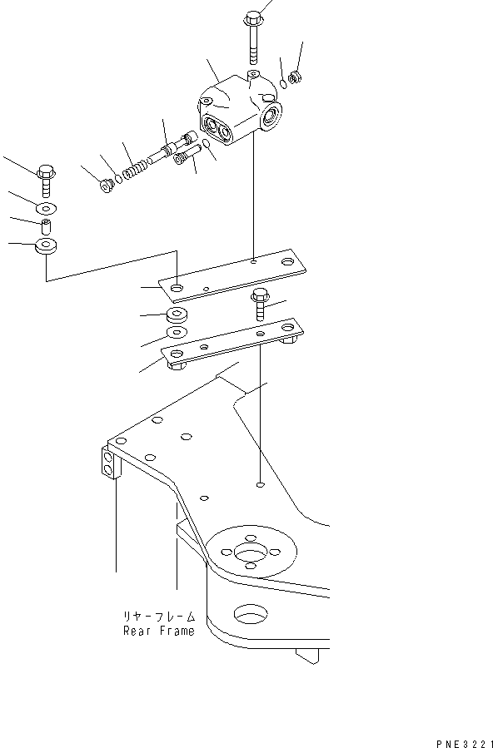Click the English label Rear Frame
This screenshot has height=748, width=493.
pyautogui.click(x=159, y=631)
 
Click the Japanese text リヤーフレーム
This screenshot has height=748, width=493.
pyautogui.click(x=159, y=617)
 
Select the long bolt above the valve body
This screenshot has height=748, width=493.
pyautogui.click(x=253, y=37)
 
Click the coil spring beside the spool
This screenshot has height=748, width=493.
pyautogui.click(x=135, y=171)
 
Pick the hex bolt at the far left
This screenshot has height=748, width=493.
pyautogui.click(x=46, y=181)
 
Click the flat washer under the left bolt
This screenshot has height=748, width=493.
pyautogui.click(x=46, y=208)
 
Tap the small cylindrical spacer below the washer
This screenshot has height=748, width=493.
pyautogui.click(x=45, y=226)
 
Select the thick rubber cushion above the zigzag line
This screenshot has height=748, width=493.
pyautogui.click(x=45, y=246)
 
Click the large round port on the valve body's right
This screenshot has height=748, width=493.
pyautogui.click(x=272, y=116)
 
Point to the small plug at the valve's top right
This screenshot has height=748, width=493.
pyautogui.click(x=295, y=77)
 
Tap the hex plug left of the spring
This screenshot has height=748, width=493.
pyautogui.click(x=106, y=185)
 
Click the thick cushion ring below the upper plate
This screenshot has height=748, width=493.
pyautogui.click(x=177, y=315)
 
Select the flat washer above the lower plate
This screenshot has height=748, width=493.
pyautogui.click(x=177, y=332)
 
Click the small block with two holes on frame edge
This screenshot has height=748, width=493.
pyautogui.click(x=109, y=463)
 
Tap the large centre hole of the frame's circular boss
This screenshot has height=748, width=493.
pyautogui.click(x=249, y=553)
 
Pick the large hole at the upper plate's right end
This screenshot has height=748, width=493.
pyautogui.click(x=287, y=262)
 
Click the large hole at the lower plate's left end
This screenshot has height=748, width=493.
pyautogui.click(x=177, y=354)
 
